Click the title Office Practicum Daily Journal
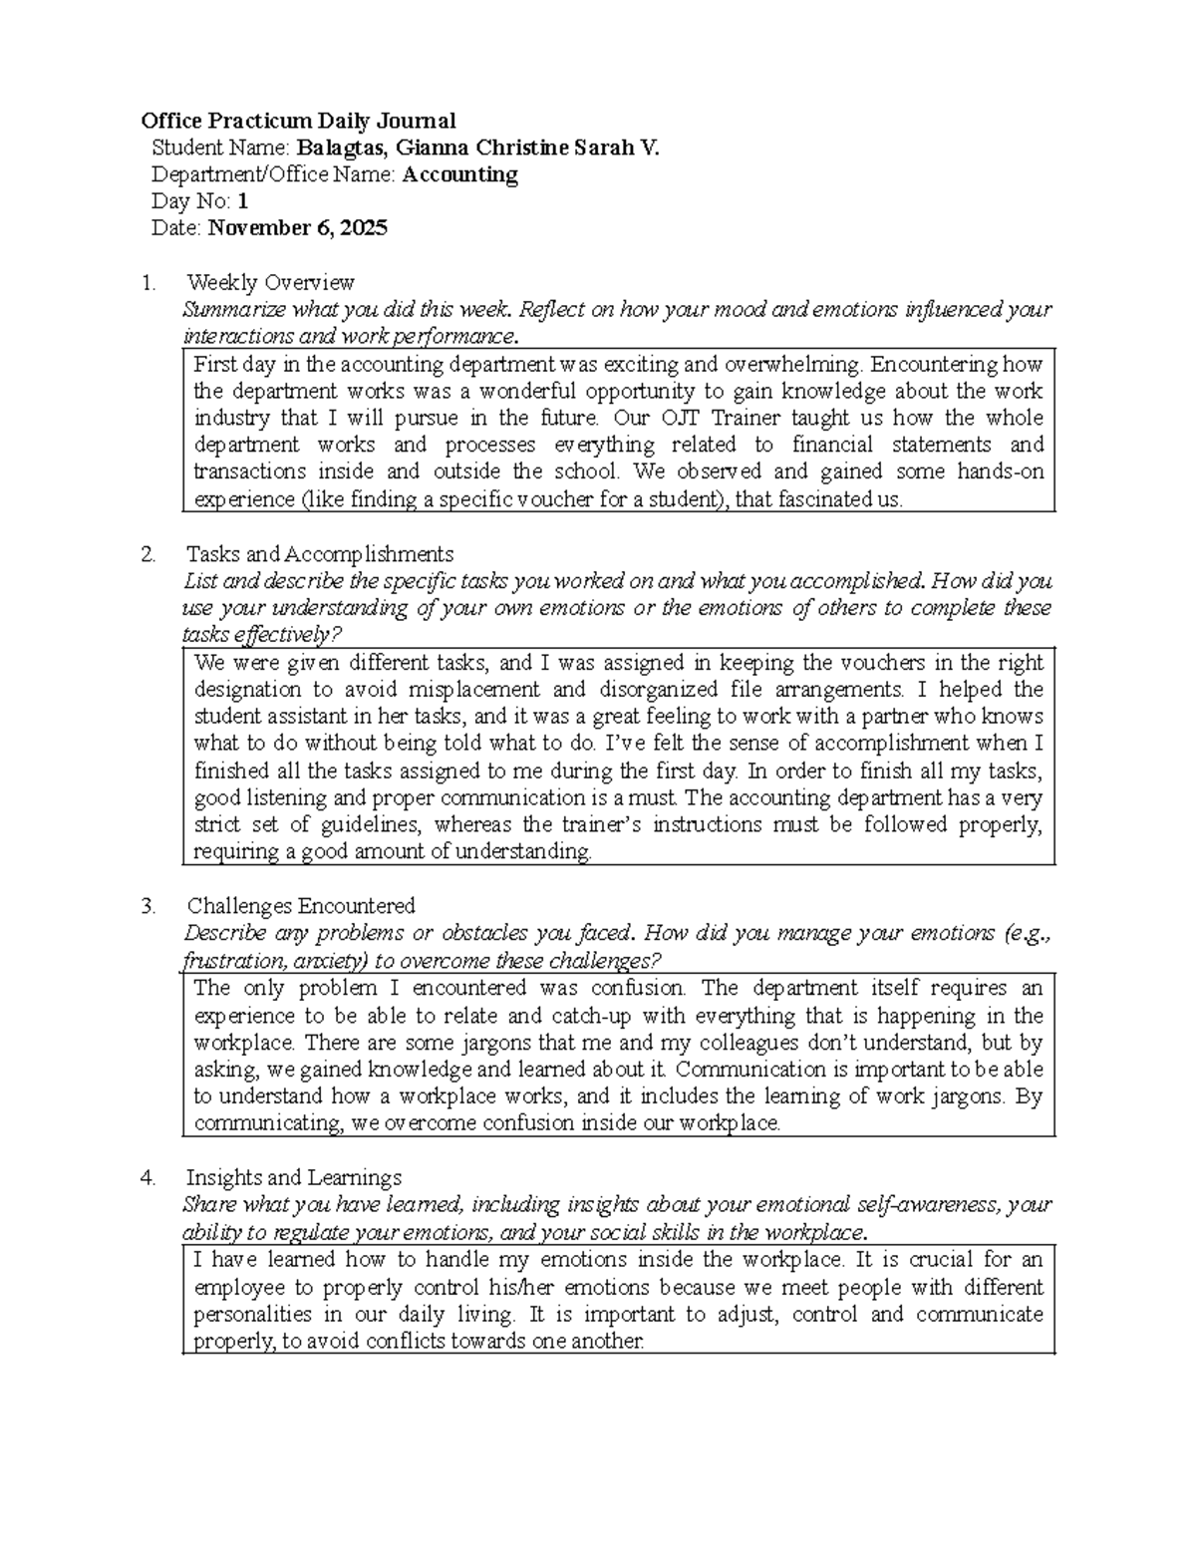[298, 122]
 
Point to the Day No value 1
[242, 201]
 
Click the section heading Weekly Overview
[270, 282]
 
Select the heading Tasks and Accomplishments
[320, 554]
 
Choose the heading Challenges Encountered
[300, 906]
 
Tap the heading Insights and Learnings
[294, 1178]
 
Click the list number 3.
[148, 906]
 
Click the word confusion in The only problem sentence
[638, 989]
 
